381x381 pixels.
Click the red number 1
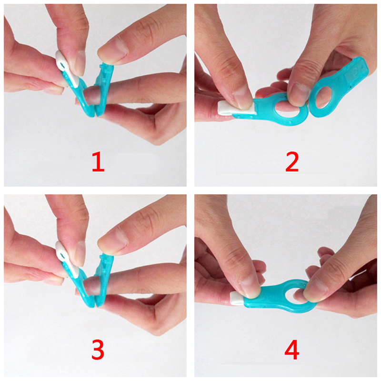[99, 162]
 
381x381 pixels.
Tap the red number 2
[292, 161]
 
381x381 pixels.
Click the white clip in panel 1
[67, 69]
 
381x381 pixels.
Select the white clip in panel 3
[67, 260]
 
